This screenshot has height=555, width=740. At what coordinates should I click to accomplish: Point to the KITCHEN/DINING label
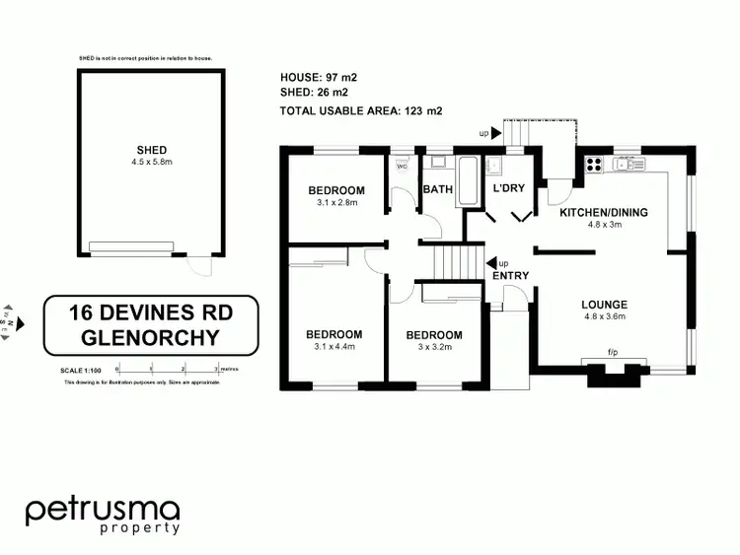603,212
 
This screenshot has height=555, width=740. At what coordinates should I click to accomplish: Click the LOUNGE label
605,304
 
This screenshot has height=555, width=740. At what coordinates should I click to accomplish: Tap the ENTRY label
511,275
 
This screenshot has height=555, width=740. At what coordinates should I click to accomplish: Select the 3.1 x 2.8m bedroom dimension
336,202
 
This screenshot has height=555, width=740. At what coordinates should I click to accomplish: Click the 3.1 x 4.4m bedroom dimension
333,346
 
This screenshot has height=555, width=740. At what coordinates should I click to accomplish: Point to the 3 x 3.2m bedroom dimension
434,347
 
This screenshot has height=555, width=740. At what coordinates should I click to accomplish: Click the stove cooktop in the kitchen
595,165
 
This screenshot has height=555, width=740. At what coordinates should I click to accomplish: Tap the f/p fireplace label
612,352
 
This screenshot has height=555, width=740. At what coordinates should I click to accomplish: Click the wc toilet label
402,166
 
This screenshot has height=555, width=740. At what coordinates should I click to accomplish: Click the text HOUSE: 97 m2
318,77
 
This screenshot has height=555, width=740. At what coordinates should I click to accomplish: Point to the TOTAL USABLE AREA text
361,110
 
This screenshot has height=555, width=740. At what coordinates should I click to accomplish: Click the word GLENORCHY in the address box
151,337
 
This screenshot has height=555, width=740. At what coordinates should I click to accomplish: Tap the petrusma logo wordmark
103,510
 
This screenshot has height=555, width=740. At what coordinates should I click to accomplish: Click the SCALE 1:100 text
82,371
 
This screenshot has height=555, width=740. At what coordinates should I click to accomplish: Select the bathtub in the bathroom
467,180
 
